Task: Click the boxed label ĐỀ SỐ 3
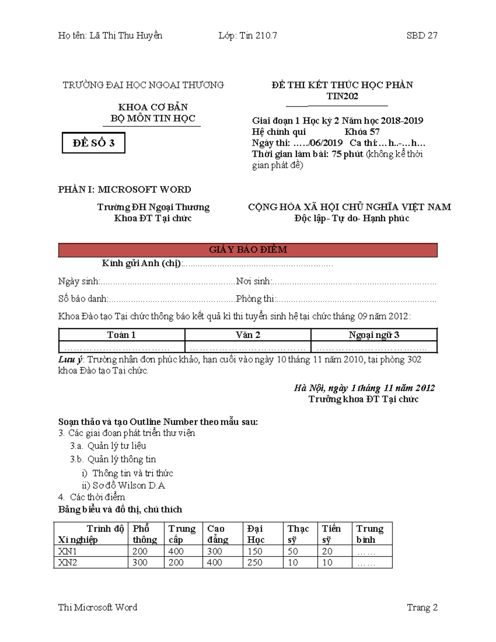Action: pos(93,143)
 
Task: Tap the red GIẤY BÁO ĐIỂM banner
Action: pos(248,250)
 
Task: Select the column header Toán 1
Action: pos(122,335)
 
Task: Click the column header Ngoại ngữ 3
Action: pos(374,335)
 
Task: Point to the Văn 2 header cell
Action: pos(248,335)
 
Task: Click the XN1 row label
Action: pos(67,551)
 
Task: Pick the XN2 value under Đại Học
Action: pos(255,562)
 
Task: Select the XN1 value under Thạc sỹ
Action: pos(293,551)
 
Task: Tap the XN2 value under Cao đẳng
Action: pos(215,562)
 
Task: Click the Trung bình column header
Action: pos(370,534)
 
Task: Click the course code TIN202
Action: pos(342,96)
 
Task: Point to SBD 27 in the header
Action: pos(422,36)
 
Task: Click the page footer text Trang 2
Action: pos(422,607)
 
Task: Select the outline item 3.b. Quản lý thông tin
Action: pos(113,459)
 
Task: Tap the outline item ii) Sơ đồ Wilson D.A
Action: pos(123,485)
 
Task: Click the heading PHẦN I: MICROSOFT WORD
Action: pos(124,190)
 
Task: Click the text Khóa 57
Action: pos(362,132)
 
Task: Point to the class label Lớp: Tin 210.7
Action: pos(248,36)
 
